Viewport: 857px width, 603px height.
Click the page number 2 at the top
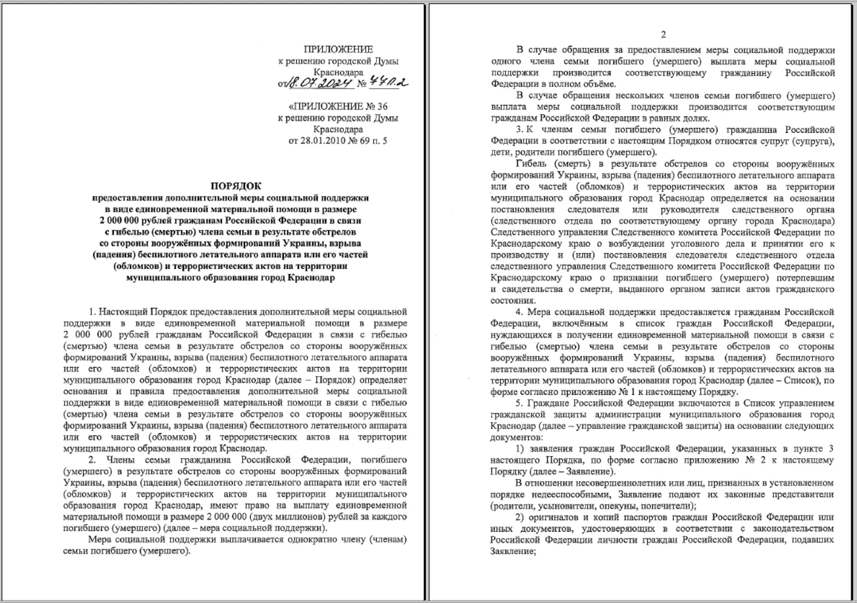click(x=663, y=35)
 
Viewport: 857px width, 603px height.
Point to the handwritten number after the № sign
click(x=389, y=83)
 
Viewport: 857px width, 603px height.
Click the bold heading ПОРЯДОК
click(x=235, y=185)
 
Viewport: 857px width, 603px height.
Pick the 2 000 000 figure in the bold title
click(x=122, y=220)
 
